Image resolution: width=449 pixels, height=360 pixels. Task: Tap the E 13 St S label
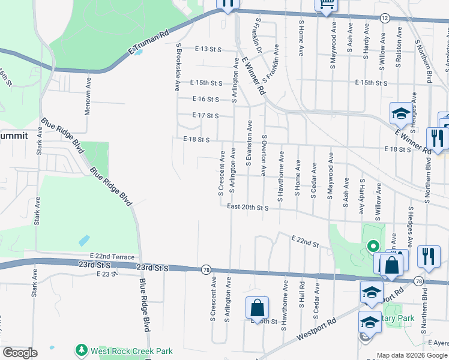tap(208, 49)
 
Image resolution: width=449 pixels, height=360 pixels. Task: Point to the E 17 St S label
tap(205, 115)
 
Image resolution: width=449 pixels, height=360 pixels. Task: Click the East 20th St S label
tap(247, 208)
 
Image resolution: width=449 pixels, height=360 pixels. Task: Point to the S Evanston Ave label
tap(249, 147)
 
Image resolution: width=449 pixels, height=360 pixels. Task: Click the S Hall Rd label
tap(301, 295)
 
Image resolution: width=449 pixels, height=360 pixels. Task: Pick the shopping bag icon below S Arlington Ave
tap(257, 308)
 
